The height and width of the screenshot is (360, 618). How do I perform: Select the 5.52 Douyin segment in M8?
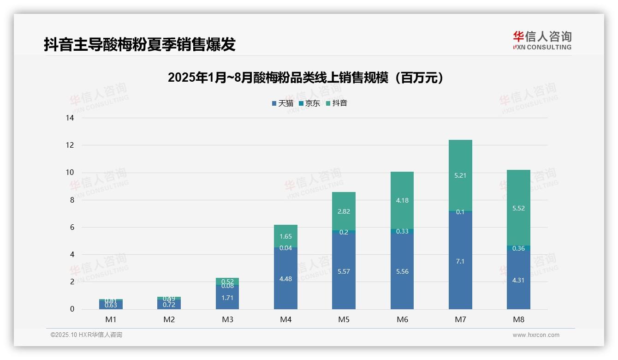pos(518,208)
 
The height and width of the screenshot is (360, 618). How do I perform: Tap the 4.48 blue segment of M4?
pos(285,278)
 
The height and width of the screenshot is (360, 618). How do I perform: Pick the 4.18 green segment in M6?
pos(402,200)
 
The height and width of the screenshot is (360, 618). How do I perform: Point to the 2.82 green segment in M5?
pos(344,211)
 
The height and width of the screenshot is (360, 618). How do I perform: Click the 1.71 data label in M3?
pos(227,298)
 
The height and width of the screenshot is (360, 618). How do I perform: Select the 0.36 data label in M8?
pos(518,248)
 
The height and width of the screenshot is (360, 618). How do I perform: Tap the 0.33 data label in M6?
pos(402,231)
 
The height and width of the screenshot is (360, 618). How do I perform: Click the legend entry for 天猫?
pos(283,103)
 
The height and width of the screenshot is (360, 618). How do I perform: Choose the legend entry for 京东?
pos(309,103)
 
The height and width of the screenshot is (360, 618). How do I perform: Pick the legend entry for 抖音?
pos(336,103)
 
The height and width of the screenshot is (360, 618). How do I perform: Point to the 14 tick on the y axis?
pos(70,118)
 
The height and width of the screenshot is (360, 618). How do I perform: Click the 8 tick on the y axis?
pos(71,200)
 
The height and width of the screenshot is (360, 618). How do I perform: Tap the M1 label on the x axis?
pos(111,319)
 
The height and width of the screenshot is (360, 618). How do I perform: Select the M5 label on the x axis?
pos(344,319)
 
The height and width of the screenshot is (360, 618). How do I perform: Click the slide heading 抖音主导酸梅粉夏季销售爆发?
pos(140,44)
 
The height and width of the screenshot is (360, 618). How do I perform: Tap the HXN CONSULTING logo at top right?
pos(542,41)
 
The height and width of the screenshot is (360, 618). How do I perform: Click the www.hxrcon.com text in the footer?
pos(536,335)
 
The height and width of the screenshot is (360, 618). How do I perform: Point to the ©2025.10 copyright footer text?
pos(86,335)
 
